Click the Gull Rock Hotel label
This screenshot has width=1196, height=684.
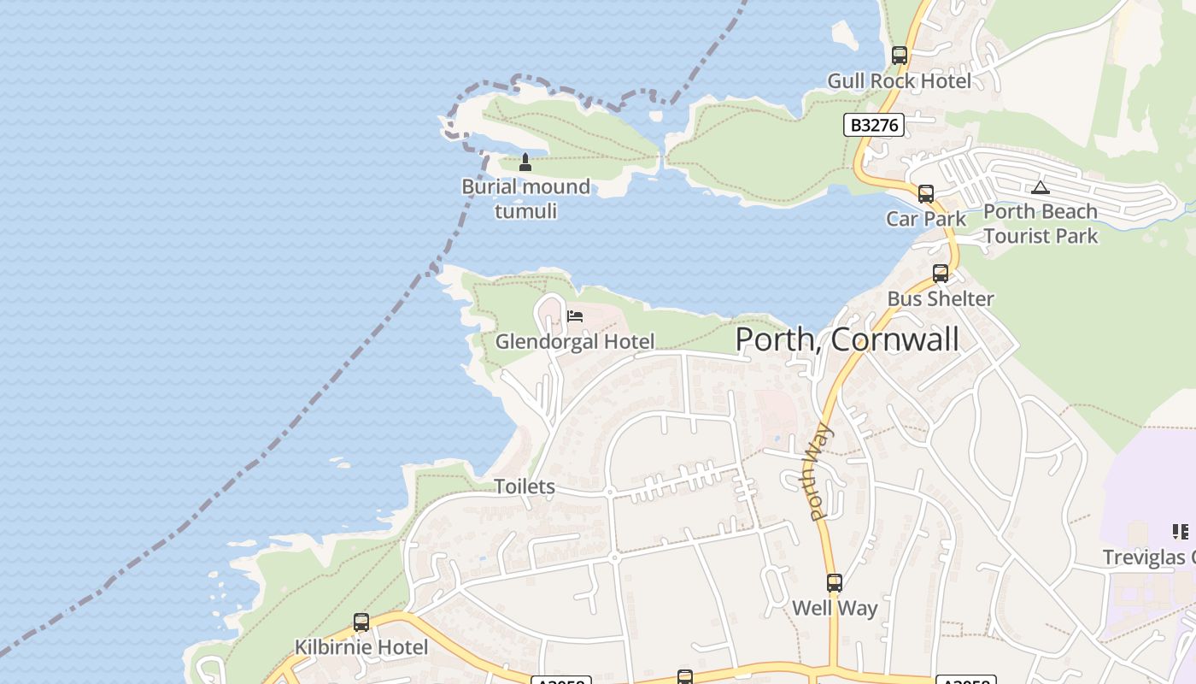click(x=899, y=81)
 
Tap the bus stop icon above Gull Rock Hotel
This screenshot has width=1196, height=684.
click(x=899, y=56)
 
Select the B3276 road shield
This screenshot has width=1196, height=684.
click(x=874, y=125)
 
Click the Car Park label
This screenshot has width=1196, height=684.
click(x=926, y=219)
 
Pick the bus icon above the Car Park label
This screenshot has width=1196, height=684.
click(x=926, y=193)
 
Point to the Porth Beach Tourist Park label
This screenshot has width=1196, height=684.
click(x=1041, y=223)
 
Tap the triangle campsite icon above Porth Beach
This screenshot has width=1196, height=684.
click(x=1040, y=187)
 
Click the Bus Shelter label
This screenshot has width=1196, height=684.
click(x=941, y=299)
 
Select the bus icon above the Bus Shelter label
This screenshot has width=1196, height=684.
click(x=941, y=274)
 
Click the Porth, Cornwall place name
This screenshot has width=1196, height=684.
click(x=847, y=339)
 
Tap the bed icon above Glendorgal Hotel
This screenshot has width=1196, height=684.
click(x=575, y=316)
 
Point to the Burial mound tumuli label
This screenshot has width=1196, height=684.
click(x=525, y=198)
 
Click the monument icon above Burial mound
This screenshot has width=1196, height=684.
click(x=525, y=162)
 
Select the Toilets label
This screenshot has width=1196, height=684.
click(x=525, y=486)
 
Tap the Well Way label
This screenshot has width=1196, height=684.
click(x=835, y=609)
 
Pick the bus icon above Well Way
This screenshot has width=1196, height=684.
click(x=835, y=583)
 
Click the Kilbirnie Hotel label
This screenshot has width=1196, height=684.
click(x=361, y=647)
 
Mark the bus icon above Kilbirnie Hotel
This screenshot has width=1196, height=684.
click(x=361, y=622)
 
